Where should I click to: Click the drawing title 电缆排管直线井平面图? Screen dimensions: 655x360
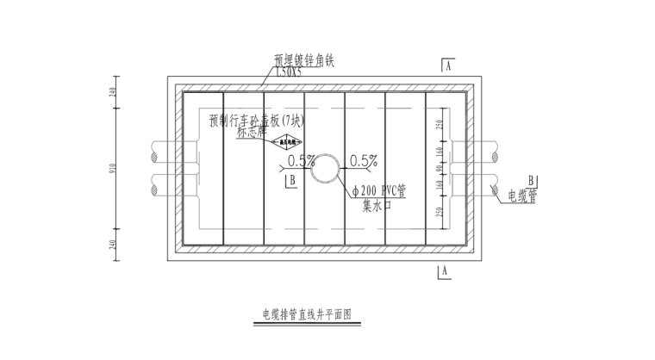(309, 315)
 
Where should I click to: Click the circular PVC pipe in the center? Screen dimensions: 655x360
(327, 169)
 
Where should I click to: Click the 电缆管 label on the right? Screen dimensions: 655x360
(521, 197)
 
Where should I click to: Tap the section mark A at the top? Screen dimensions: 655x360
(448, 66)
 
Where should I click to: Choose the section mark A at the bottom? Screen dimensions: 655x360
(446, 270)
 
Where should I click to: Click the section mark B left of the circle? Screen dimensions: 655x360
(292, 179)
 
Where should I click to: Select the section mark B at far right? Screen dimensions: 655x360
(532, 180)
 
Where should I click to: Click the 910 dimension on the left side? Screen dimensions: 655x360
(113, 169)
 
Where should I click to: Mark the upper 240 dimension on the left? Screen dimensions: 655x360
(113, 93)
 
